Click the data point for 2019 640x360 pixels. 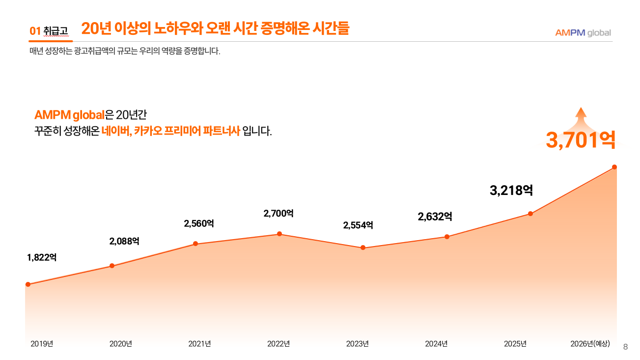pos(28,284)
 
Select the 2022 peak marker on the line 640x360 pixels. pos(279,234)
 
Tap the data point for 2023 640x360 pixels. pos(363,248)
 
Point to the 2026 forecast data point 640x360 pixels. pos(614,167)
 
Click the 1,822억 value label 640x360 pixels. pos(42,257)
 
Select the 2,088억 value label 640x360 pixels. pos(124,241)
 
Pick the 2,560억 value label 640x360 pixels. pos(199,223)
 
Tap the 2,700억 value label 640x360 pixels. pos(278,213)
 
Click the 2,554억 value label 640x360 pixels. pos(358,225)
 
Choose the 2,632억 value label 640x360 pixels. pos(435,217)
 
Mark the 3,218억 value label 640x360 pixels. pos(511,191)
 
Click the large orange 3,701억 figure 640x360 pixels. pos(581,140)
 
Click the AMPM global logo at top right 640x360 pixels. pos(583,33)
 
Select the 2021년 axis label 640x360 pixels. pos(199,344)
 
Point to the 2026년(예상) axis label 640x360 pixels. pos(590,344)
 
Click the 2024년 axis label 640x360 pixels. pos(436,344)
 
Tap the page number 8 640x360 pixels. pos(625,347)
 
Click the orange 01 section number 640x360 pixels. pos(35,31)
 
